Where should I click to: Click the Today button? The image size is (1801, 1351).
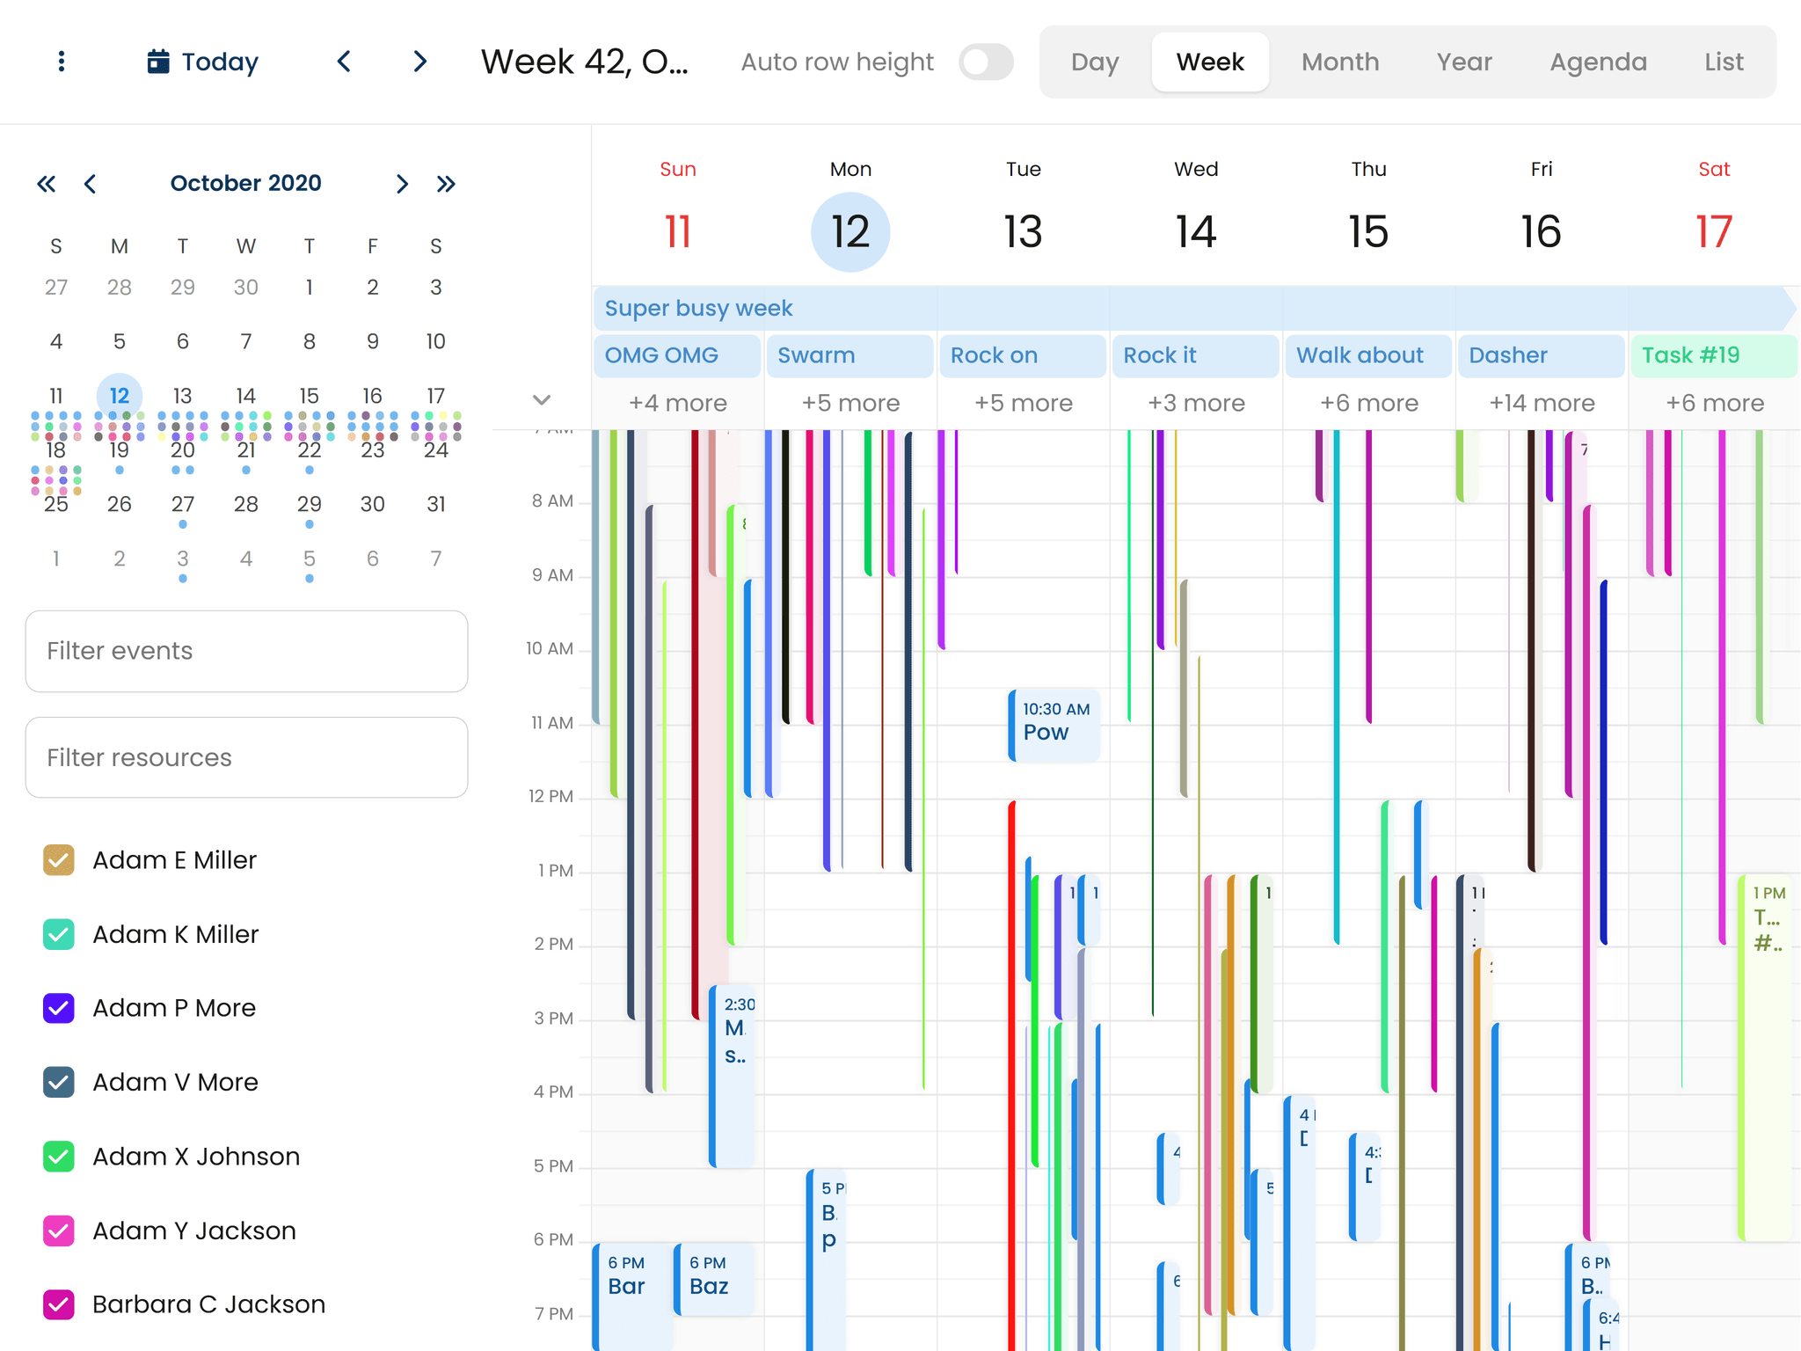(x=203, y=62)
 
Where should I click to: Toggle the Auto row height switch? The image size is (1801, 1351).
(x=986, y=62)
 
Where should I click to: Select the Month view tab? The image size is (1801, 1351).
(x=1339, y=62)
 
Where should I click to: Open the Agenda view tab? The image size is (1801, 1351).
(x=1597, y=62)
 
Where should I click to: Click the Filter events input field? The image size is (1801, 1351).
(x=246, y=651)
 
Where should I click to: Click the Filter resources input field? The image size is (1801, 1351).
(x=246, y=757)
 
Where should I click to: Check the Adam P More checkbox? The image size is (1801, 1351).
(x=59, y=1008)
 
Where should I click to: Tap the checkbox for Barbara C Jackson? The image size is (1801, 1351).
(x=59, y=1304)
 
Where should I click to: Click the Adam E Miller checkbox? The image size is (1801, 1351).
(x=59, y=860)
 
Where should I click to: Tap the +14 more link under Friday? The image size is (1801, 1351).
(x=1541, y=403)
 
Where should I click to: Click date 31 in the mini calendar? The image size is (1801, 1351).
(x=435, y=504)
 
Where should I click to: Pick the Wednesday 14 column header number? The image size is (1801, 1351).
(x=1195, y=232)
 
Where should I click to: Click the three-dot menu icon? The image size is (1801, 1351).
(x=61, y=62)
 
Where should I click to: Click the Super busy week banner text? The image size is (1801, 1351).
(x=699, y=309)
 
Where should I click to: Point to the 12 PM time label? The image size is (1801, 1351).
(x=551, y=797)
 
